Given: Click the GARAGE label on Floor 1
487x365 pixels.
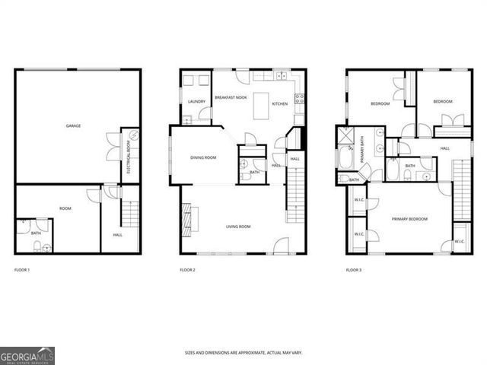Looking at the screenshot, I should tap(73, 125).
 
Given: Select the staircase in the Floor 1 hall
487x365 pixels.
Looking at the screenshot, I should tap(130, 214).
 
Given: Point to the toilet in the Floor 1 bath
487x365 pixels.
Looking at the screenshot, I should tap(46, 246).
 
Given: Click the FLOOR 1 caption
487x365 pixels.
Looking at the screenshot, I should tap(23, 270).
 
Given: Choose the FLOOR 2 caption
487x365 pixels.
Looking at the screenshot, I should tap(188, 270).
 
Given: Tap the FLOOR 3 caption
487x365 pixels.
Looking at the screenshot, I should tap(354, 270).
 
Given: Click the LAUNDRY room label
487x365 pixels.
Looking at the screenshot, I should tap(196, 101).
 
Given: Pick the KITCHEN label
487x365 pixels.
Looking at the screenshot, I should tap(279, 103).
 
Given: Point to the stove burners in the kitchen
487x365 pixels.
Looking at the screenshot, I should tap(299, 98).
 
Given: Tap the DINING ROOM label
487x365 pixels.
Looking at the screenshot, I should tap(203, 157).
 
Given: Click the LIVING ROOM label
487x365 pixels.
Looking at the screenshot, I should tap(239, 226).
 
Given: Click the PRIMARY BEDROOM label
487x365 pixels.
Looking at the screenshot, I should tap(409, 219).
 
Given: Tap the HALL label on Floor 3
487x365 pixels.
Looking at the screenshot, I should tap(444, 148).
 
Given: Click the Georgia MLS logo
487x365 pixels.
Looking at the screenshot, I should tap(27, 355).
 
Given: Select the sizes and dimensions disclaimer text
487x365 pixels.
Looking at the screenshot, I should tap(243, 352).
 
